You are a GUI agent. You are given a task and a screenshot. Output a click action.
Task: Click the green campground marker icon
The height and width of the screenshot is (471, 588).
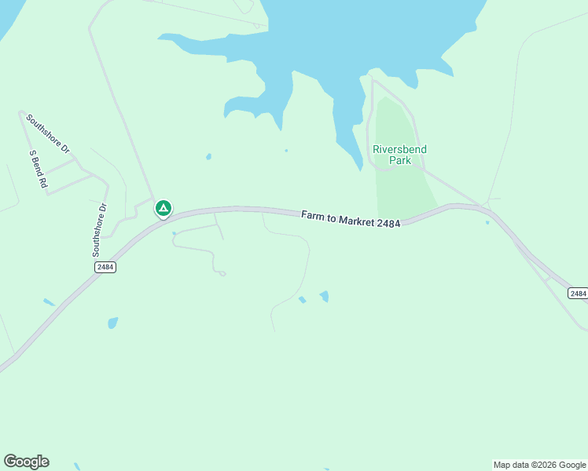[163, 208]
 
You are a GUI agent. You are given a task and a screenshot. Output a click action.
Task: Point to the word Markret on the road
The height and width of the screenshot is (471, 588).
[357, 221]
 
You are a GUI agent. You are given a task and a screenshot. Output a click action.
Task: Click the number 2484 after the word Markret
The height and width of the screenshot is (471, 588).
[388, 224]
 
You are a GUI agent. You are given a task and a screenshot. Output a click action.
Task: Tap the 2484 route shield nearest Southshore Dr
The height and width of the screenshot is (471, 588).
[105, 267]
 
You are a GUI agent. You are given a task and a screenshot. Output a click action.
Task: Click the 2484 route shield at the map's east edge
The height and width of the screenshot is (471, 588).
[578, 293]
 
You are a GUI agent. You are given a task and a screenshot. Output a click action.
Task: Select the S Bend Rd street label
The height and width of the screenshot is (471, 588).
[39, 169]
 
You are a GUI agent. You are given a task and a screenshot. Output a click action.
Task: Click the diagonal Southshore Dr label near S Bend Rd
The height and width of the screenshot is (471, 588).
[48, 133]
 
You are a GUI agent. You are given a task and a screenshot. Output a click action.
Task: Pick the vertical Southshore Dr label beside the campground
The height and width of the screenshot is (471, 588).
[98, 230]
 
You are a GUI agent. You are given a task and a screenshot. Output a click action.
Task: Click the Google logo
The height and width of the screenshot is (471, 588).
[26, 462]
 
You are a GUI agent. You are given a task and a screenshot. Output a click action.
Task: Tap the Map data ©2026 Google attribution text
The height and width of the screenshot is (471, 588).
[539, 465]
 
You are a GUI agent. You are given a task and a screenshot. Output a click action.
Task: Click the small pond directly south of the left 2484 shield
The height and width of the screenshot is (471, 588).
[112, 323]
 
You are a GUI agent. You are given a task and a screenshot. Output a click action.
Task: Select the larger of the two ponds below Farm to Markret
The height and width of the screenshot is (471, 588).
[324, 296]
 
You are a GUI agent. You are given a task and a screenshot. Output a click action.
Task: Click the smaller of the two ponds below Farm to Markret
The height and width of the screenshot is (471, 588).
[302, 300]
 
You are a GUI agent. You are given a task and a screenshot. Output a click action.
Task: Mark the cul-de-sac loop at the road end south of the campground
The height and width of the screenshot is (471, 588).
[222, 273]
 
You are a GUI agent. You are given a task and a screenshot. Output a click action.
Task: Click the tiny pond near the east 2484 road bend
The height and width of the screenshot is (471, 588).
[487, 222]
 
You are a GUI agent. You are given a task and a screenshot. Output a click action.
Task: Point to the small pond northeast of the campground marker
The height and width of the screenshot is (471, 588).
[208, 156]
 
